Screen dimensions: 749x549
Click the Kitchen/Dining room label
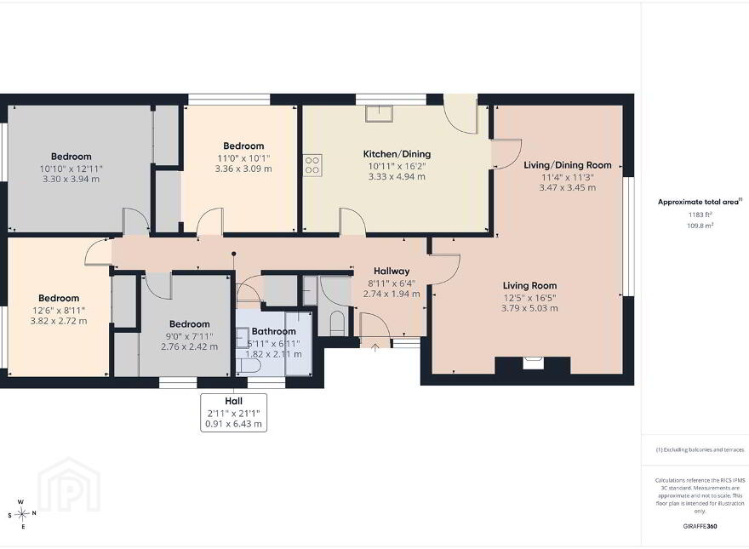[397, 154]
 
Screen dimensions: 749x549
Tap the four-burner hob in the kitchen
[312, 165]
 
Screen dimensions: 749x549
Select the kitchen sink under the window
[380, 114]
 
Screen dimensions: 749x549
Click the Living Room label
[529, 286]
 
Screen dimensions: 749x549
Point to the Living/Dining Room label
[568, 165]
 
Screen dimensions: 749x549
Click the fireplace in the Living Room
[533, 363]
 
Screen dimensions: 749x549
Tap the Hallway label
[392, 271]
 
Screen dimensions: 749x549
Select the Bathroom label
[274, 331]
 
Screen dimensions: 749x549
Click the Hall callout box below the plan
[233, 413]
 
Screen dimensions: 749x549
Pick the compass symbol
[21, 514]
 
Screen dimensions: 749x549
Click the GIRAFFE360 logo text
[700, 527]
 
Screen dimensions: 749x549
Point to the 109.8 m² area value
[700, 226]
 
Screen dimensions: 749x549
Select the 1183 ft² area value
[700, 215]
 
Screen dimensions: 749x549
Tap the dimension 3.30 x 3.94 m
[71, 180]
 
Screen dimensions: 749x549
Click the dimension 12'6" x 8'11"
[59, 310]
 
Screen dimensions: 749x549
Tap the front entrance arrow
[375, 347]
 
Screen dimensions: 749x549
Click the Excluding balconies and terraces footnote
[700, 449]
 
